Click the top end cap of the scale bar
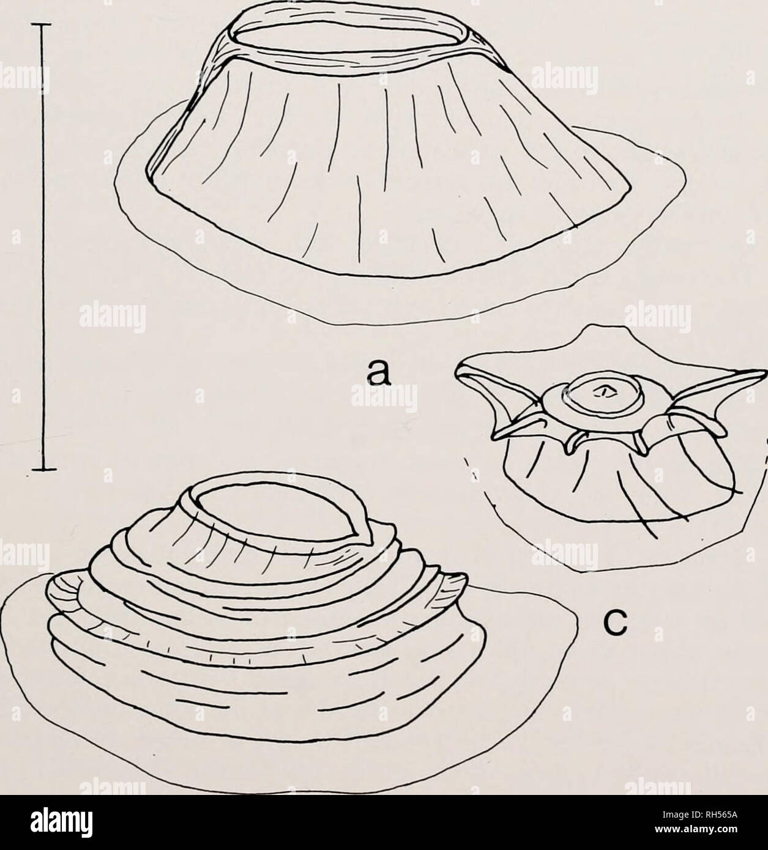(43, 24)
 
